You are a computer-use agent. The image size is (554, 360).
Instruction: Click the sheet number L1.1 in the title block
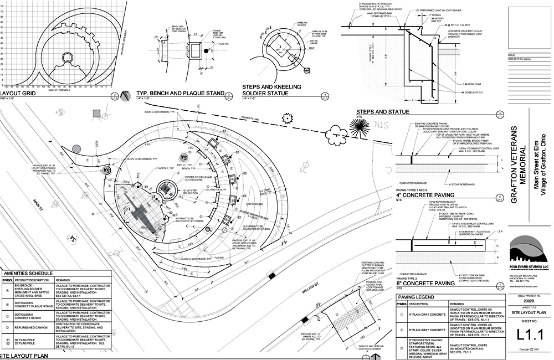click(529, 334)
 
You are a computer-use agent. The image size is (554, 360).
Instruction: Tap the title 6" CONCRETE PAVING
click(425, 284)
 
